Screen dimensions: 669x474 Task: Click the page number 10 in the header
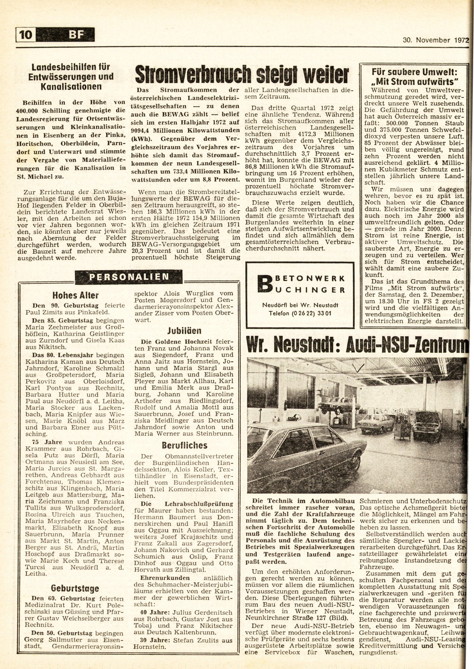[26, 35]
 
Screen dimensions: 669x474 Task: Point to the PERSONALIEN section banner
[129, 277]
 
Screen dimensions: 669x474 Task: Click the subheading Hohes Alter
[75, 295]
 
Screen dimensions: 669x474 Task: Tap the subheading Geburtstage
[75, 588]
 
